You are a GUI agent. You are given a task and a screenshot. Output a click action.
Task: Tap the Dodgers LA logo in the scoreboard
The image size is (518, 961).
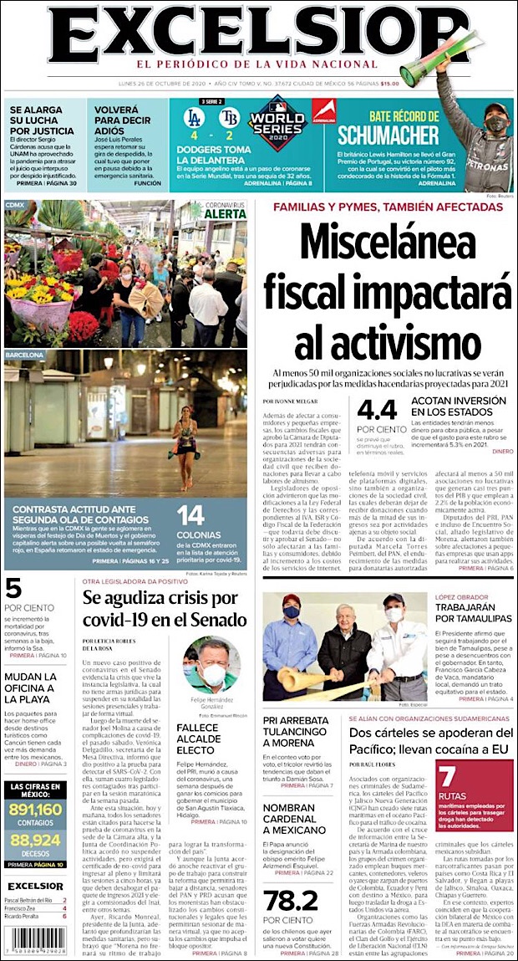tap(194, 116)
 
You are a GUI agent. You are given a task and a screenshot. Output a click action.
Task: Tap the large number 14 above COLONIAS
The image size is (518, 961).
tap(190, 515)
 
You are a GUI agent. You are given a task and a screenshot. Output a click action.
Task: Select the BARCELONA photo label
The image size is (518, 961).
tap(24, 355)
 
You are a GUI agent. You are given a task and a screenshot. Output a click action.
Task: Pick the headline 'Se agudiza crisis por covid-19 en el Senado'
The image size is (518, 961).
tap(165, 608)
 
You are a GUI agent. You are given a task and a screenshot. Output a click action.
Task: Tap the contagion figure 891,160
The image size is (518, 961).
tap(36, 809)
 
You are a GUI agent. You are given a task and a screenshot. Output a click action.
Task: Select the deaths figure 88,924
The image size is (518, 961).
tap(36, 839)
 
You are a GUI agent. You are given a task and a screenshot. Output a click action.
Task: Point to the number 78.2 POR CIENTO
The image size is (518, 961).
tap(291, 900)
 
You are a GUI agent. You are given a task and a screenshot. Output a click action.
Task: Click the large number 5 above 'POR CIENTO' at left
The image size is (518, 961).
tap(13, 588)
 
